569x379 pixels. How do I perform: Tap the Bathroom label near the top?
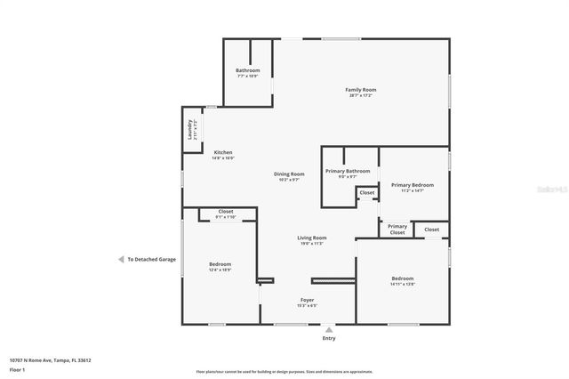pyautogui.click(x=247, y=70)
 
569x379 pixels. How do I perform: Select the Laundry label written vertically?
pyautogui.click(x=190, y=131)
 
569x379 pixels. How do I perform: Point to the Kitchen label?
pyautogui.click(x=222, y=152)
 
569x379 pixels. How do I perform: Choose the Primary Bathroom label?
pyautogui.click(x=348, y=170)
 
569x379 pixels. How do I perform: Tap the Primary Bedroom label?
pyautogui.click(x=412, y=184)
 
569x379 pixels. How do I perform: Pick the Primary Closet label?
pyautogui.click(x=397, y=229)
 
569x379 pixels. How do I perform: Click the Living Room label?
pyautogui.click(x=311, y=238)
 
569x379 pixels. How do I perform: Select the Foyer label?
pyautogui.click(x=307, y=300)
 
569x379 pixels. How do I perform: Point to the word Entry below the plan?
pyautogui.click(x=329, y=338)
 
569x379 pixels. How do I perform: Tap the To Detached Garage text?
pyautogui.click(x=152, y=260)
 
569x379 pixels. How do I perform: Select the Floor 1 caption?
pyautogui.click(x=17, y=369)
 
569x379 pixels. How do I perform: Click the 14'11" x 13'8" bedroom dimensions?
pyautogui.click(x=402, y=285)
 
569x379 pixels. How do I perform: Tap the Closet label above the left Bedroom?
pyautogui.click(x=226, y=211)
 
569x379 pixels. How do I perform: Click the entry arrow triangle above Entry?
pyautogui.click(x=329, y=328)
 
